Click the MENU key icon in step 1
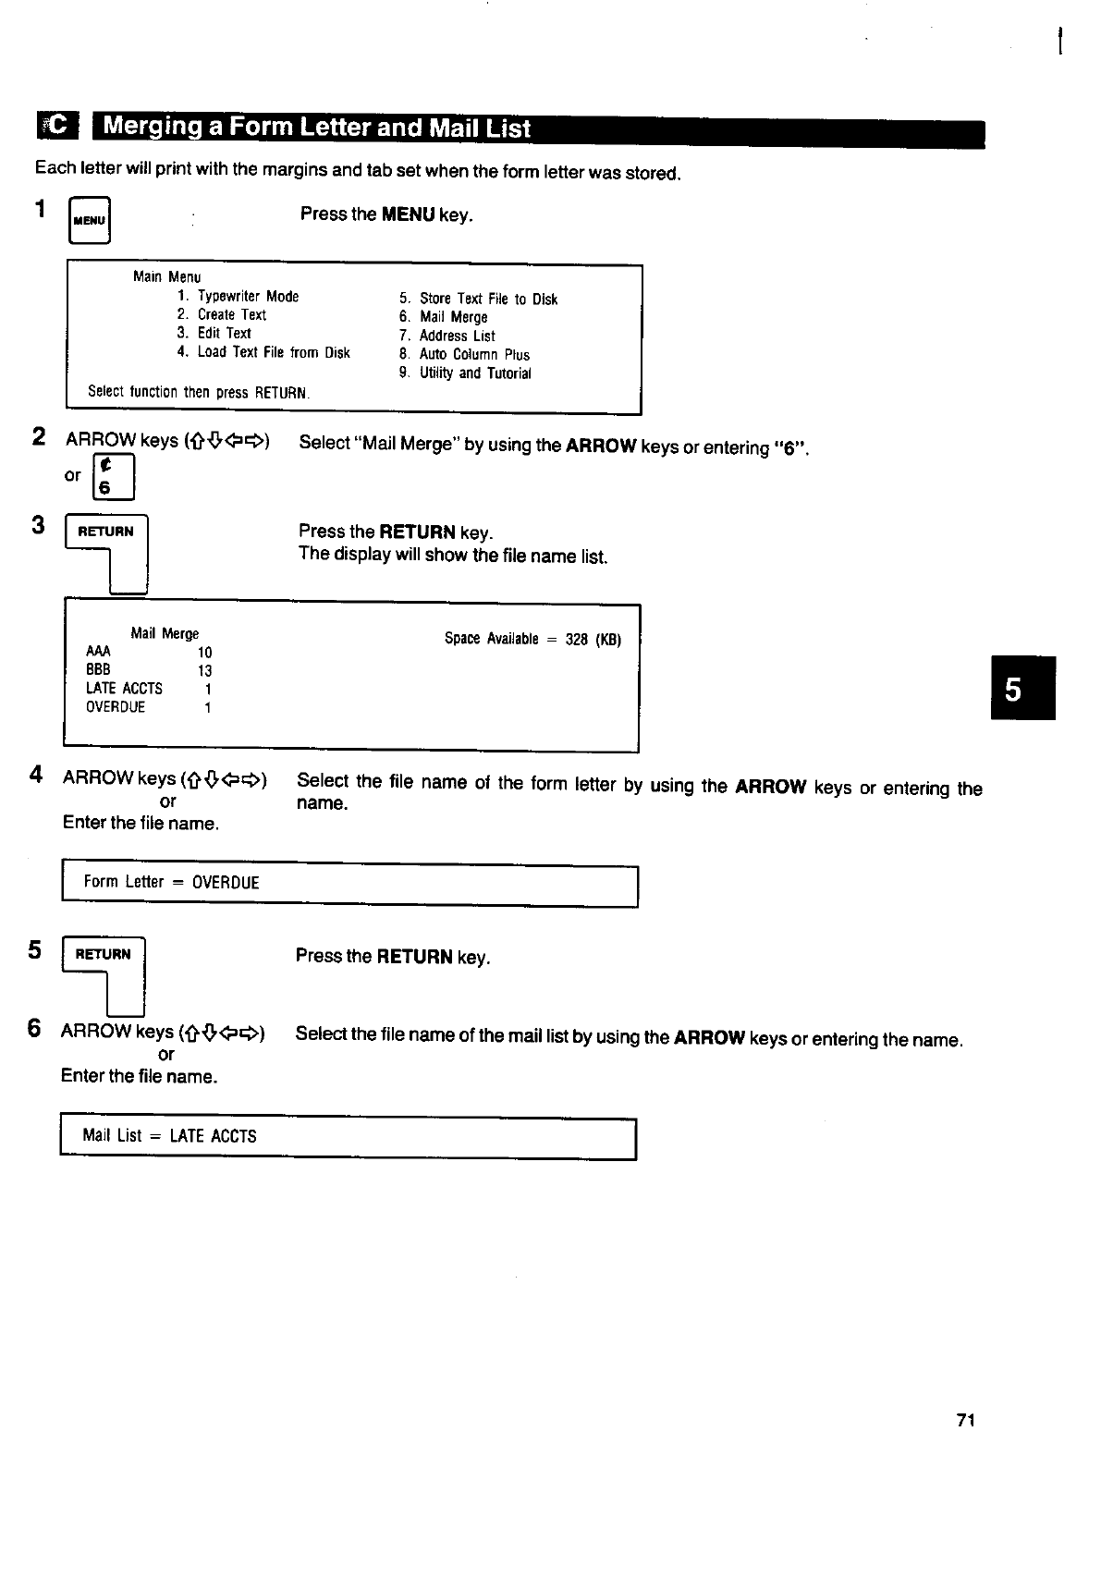tap(90, 221)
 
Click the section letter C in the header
tap(58, 127)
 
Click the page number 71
tap(966, 1420)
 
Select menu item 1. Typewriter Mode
tap(238, 297)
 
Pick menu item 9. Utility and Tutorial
tap(465, 373)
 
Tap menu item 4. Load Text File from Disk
tap(263, 352)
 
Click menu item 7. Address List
tap(447, 336)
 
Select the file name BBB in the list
tap(98, 670)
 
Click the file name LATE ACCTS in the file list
tap(124, 689)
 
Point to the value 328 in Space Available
tap(576, 640)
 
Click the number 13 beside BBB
tap(204, 671)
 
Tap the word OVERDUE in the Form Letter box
tap(226, 883)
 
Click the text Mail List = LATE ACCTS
tap(169, 1136)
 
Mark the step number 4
tap(36, 775)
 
